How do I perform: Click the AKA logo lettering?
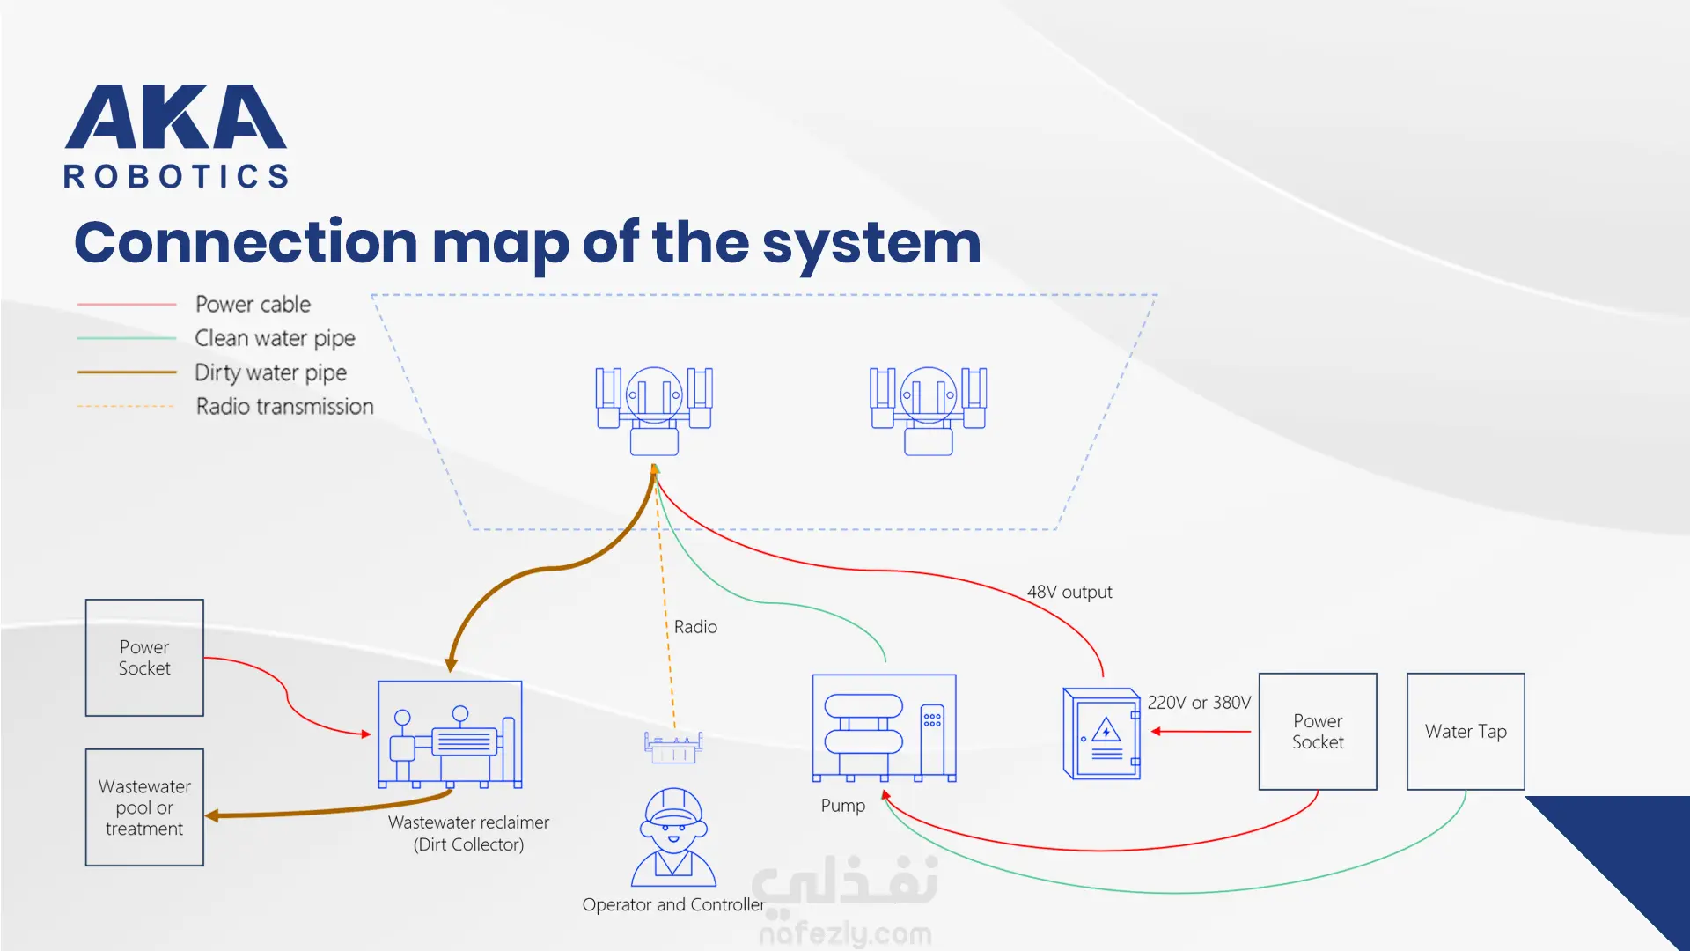click(175, 116)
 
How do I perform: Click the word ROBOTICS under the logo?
click(176, 176)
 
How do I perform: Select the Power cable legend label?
click(253, 304)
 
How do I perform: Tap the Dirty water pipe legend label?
click(270, 372)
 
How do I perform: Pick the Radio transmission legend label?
click(284, 406)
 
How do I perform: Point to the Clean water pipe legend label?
click(275, 338)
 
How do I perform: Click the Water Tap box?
click(1466, 732)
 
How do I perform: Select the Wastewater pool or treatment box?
click(144, 807)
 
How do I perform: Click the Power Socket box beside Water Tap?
click(1318, 732)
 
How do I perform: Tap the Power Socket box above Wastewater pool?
click(144, 658)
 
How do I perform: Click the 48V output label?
click(1069, 592)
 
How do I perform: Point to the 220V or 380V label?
click(1199, 703)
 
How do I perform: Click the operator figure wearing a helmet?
click(673, 837)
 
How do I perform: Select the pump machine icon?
click(884, 728)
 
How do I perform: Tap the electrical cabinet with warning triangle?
click(1102, 734)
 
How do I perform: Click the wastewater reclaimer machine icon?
click(450, 734)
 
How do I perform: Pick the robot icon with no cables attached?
click(929, 410)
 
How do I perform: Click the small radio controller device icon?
click(673, 747)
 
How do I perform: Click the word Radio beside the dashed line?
click(695, 627)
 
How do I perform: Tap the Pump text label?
click(843, 806)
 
